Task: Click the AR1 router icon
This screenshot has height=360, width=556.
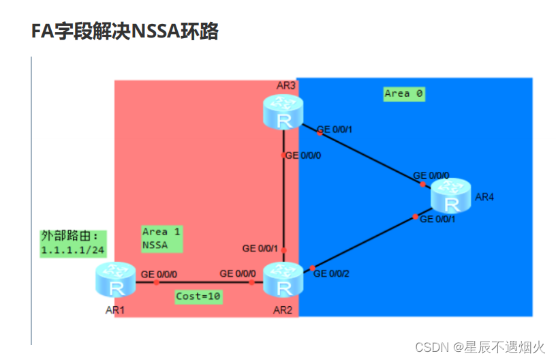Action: coord(116,282)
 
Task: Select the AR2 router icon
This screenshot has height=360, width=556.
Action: coord(283,280)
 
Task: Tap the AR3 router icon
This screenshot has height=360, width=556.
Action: coord(283,112)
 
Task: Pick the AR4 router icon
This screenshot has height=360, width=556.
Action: coord(450,196)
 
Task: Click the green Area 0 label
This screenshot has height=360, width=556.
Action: coord(404,93)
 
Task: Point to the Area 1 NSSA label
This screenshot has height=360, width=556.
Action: coord(162,239)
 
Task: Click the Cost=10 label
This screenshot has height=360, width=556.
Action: coord(199,297)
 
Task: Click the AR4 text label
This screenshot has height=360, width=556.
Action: coord(484,198)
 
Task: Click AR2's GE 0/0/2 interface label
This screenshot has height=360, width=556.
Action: coord(330,274)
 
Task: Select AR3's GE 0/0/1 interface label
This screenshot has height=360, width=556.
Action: coord(335,130)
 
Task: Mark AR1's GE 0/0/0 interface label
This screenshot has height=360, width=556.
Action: coord(159,274)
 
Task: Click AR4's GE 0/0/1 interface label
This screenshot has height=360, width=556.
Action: coord(437,220)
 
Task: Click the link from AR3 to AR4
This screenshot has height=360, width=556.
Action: coord(368,154)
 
